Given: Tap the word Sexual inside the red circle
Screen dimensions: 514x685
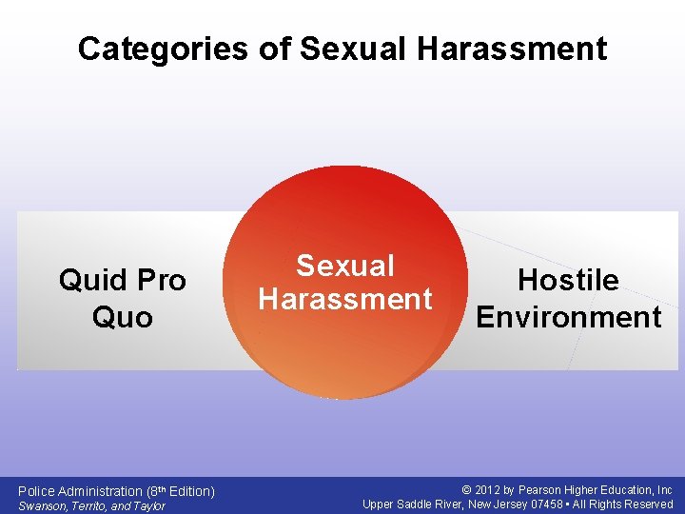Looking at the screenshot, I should click(344, 267).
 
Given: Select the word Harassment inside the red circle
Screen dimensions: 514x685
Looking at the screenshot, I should click(344, 300).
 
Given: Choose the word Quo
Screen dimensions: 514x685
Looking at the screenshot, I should click(122, 317).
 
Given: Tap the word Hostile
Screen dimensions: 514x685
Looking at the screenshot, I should click(568, 280).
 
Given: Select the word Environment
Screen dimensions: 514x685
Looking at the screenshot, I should click(568, 317).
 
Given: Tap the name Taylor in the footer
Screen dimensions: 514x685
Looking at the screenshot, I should click(148, 505).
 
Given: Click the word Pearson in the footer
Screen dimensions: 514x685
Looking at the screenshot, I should click(540, 490).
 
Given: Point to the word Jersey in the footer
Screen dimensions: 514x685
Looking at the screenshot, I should click(500, 504).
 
